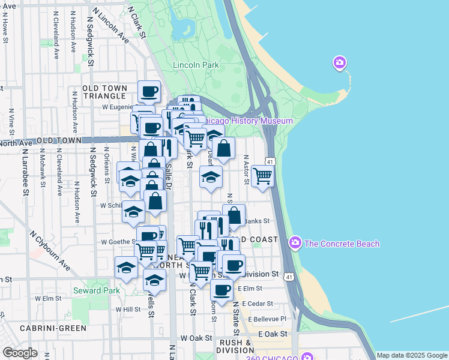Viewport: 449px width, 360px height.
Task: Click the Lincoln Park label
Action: (x=195, y=65)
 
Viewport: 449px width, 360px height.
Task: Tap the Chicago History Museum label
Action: (x=248, y=121)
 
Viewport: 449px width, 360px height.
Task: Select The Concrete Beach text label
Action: (x=342, y=244)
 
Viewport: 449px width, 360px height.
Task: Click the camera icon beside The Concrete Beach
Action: (x=295, y=243)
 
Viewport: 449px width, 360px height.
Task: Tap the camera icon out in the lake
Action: (x=340, y=62)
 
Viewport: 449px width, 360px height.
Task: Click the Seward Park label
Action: (x=96, y=291)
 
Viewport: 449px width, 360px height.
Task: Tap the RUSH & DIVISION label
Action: (x=234, y=346)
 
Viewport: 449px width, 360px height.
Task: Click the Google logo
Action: (x=20, y=353)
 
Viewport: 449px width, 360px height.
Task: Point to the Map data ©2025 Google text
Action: (x=412, y=356)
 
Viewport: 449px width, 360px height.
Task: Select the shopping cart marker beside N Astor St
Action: (x=263, y=176)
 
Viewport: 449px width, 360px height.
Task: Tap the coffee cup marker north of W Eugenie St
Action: (x=149, y=92)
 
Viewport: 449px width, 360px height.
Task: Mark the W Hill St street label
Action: (x=128, y=310)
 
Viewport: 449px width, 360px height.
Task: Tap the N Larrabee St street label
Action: (x=26, y=182)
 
